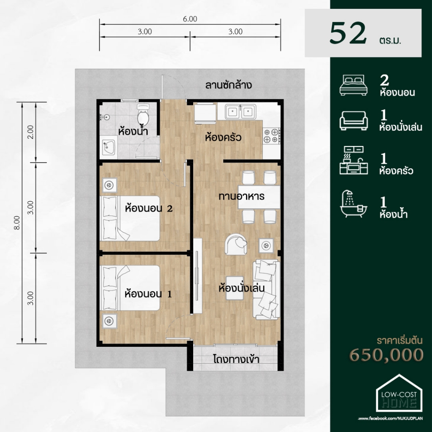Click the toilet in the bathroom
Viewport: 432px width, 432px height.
click(143, 114)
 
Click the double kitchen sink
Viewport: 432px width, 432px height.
click(240, 111)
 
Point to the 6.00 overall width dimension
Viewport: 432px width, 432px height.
click(190, 19)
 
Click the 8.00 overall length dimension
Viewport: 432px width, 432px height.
click(17, 223)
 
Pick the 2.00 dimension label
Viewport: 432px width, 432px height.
click(30, 132)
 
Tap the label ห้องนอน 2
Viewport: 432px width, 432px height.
click(149, 208)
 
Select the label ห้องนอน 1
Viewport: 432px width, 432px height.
click(148, 294)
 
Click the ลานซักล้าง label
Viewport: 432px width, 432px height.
click(228, 85)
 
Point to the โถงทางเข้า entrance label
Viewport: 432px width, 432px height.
click(236, 359)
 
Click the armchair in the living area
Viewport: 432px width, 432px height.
click(236, 244)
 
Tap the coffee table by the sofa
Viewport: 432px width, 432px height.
click(235, 288)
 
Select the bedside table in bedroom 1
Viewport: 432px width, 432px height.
click(109, 321)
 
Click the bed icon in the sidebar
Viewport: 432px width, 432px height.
click(354, 85)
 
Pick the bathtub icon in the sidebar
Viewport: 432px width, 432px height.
click(354, 204)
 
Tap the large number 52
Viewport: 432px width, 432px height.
click(348, 33)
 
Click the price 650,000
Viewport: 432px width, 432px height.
click(386, 354)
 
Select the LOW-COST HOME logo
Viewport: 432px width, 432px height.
click(399, 393)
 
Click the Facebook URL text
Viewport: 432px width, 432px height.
click(390, 418)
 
